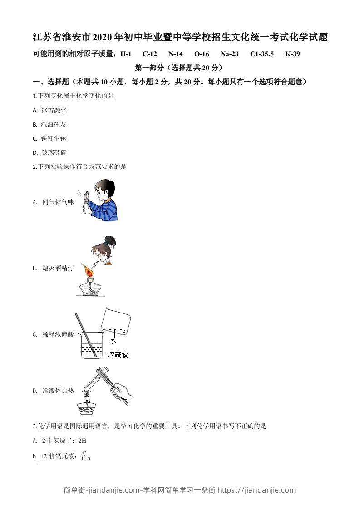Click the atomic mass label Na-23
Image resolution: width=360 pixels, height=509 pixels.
pos(229,54)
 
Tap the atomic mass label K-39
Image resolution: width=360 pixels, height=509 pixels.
pos(292,54)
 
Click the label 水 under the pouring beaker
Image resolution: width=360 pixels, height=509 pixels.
pos(113,341)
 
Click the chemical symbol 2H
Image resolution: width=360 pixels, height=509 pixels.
pos(82,440)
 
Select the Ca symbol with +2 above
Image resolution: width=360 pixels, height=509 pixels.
pos(86,458)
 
